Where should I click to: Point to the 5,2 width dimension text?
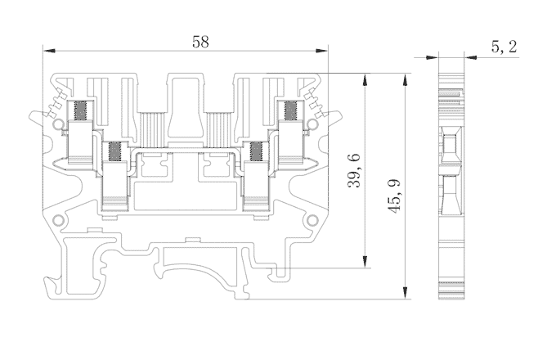[504, 47]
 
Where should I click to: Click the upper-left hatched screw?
[81, 110]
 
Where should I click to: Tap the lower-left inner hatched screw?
[114, 151]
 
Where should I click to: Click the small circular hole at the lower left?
[56, 221]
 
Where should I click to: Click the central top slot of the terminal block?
[185, 106]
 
